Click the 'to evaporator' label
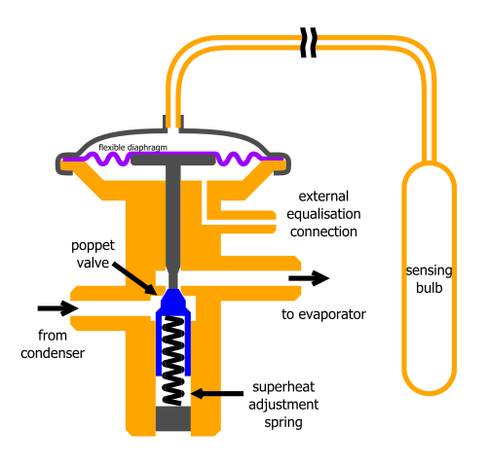[x=322, y=314]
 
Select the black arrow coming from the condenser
[x=56, y=308]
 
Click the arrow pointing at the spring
[x=218, y=394]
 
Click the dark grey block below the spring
[x=173, y=419]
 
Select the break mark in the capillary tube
[x=309, y=42]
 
